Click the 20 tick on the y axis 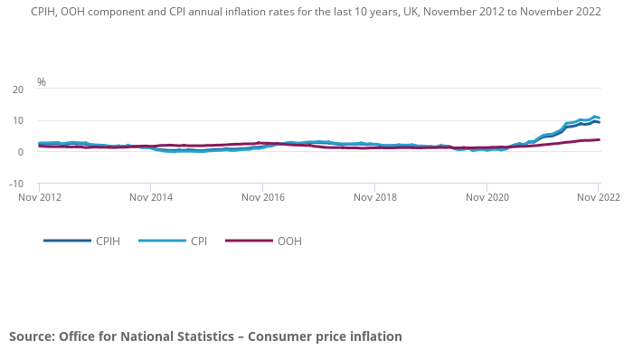click(18, 90)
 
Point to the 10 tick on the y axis click(18, 121)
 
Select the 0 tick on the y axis click(20, 152)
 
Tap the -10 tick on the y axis click(16, 184)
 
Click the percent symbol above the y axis click(42, 82)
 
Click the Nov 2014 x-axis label click(150, 197)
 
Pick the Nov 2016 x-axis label click(262, 197)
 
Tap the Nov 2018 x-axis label click(374, 197)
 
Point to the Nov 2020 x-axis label click(487, 197)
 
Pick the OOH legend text click(289, 242)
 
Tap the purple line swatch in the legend click(248, 242)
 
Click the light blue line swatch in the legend click(160, 242)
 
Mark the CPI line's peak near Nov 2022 click(595, 116)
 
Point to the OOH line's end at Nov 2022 click(600, 140)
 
